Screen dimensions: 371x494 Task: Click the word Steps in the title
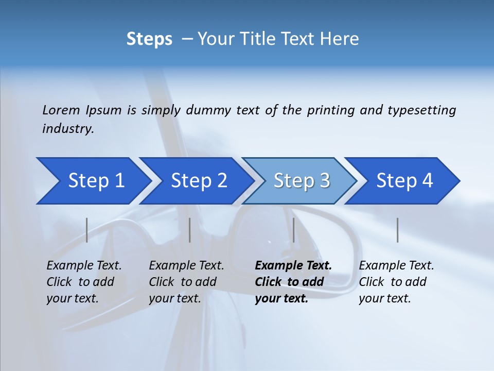click(149, 39)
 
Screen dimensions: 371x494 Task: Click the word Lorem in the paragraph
click(61, 110)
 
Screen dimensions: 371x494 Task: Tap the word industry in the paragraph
click(68, 129)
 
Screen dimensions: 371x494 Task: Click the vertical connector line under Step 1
click(87, 230)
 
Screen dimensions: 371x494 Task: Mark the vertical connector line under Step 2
click(190, 230)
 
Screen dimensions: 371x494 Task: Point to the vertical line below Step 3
click(293, 230)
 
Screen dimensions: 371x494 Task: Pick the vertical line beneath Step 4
click(397, 230)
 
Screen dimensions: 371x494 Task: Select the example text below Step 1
click(84, 281)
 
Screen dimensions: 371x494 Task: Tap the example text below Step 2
click(186, 281)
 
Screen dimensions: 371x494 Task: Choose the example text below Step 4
click(396, 281)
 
